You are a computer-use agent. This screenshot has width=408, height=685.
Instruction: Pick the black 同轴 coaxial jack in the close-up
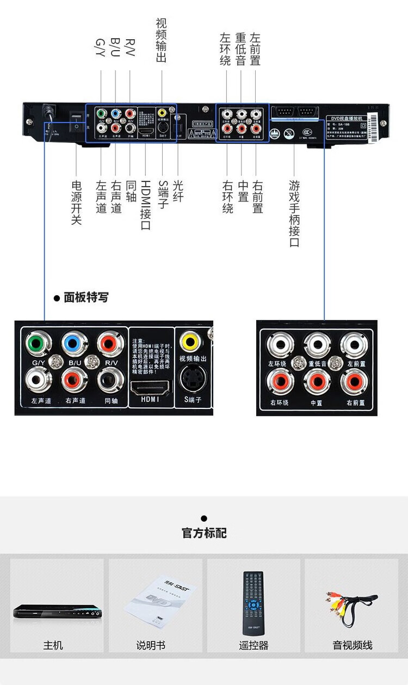pos(111,379)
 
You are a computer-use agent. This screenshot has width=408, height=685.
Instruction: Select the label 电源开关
pos(76,203)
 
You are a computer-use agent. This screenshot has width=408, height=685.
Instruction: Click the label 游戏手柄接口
pos(294,213)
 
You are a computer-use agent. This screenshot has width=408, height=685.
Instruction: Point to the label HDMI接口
pos(146,205)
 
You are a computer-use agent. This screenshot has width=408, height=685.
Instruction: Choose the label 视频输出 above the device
pos(161,40)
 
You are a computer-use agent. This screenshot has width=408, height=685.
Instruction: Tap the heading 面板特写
pos(85,298)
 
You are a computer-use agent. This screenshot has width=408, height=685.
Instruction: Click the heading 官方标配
pos(204,533)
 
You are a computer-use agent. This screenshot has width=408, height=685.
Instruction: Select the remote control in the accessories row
pos(253,603)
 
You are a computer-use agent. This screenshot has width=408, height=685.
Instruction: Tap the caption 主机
pos(53,645)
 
